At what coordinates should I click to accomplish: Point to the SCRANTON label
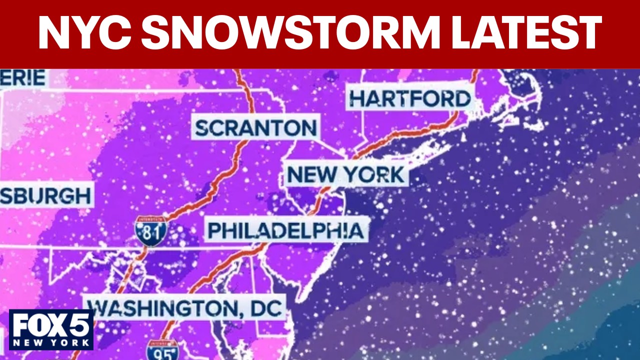tap(255, 128)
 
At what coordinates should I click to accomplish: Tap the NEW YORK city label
tap(345, 175)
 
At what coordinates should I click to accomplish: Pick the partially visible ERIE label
tap(23, 78)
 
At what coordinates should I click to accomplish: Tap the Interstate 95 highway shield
tap(162, 350)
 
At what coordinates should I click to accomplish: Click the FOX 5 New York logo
tap(51, 329)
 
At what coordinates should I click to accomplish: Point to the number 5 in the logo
tap(80, 325)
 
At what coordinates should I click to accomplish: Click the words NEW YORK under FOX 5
tap(51, 343)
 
